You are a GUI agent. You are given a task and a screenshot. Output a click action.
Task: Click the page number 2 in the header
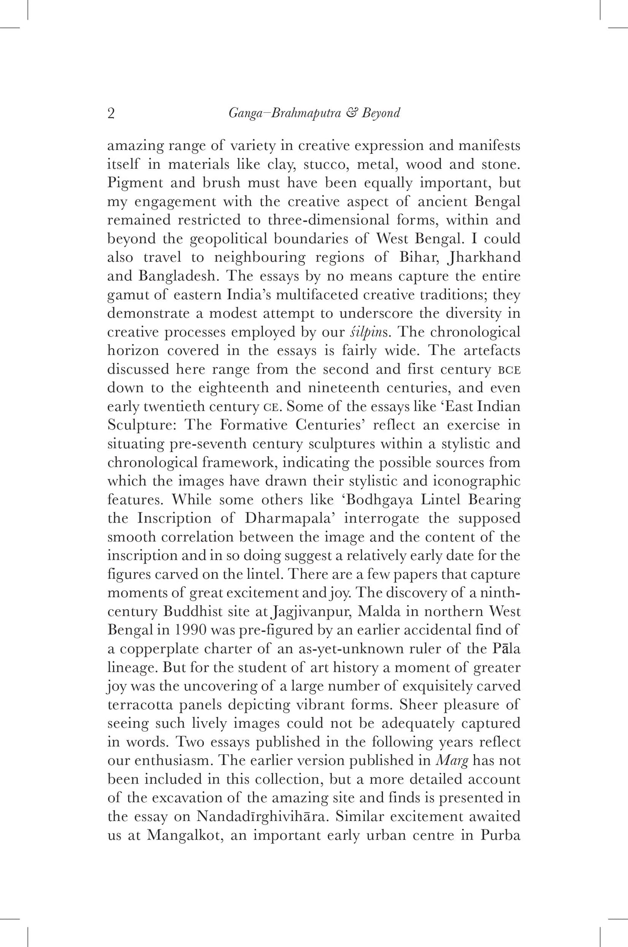click(111, 114)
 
